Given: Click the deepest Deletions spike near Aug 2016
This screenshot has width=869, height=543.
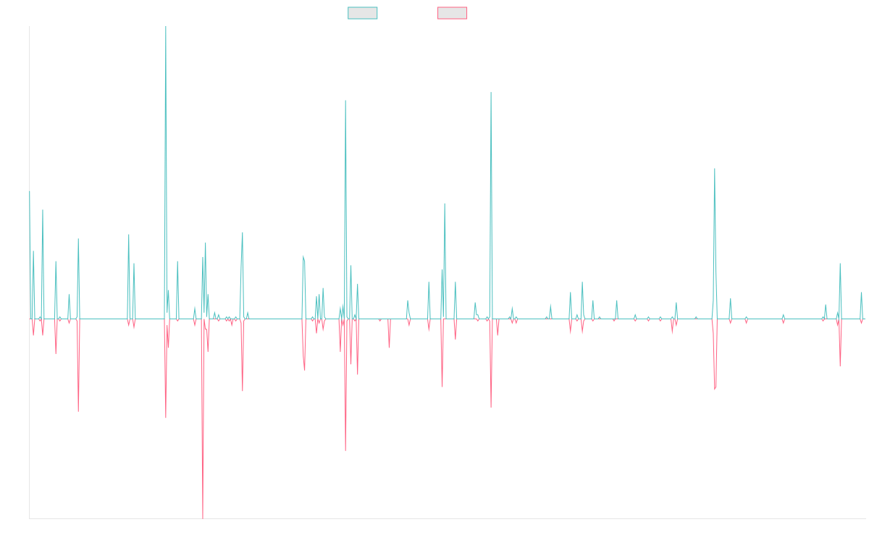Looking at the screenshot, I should [203, 518].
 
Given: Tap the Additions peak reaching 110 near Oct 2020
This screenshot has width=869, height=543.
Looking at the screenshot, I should [491, 92].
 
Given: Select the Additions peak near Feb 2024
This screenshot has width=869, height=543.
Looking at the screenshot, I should [715, 169].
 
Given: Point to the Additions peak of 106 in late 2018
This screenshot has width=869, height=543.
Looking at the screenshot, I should [345, 101].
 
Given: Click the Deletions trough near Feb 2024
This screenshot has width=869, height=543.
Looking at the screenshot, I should [715, 390].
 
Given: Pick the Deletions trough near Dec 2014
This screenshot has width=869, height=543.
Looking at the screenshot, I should [78, 411].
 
